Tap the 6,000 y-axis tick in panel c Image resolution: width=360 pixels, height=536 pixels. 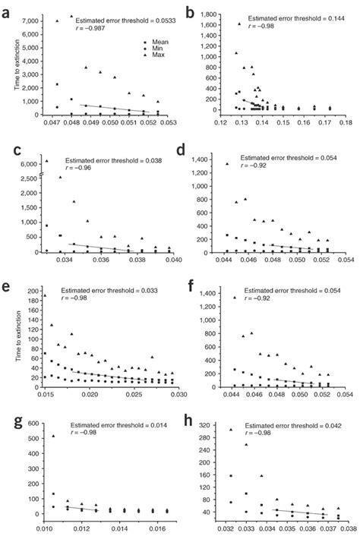[x=27, y=163]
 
